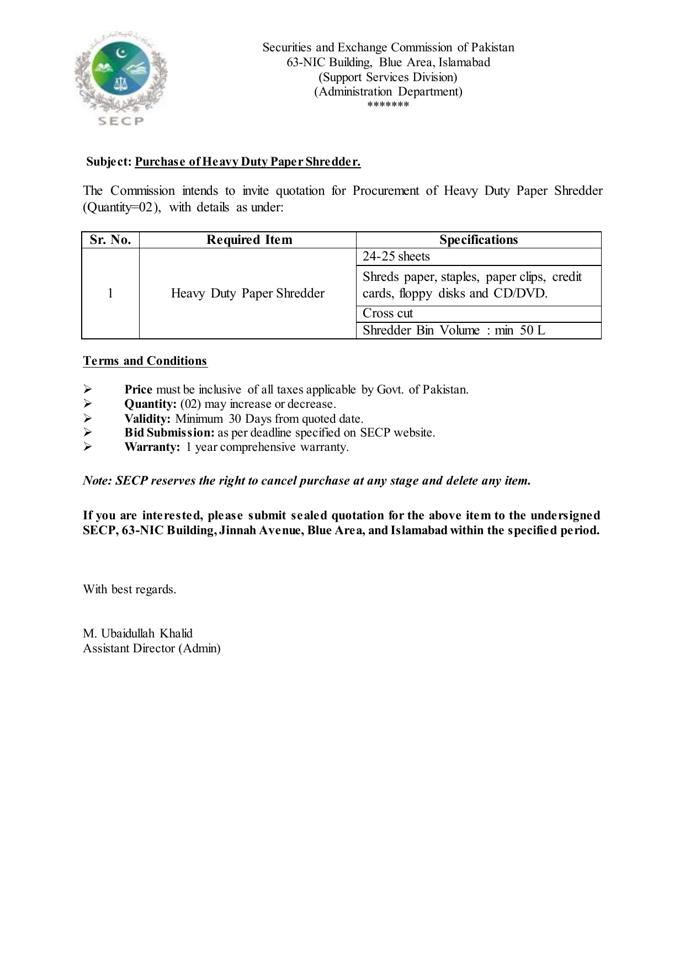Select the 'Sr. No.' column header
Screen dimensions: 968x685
pyautogui.click(x=110, y=240)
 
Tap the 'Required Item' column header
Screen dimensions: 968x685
pyautogui.click(x=249, y=240)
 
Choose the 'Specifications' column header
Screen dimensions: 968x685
pyautogui.click(x=478, y=240)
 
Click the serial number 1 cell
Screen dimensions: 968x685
pyautogui.click(x=110, y=293)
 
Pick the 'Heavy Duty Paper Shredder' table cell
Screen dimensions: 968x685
pyautogui.click(x=247, y=293)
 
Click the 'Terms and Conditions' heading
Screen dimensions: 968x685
pyautogui.click(x=145, y=361)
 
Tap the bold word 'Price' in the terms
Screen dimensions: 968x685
pyautogui.click(x=138, y=390)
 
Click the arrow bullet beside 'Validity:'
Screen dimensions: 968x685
pyautogui.click(x=87, y=418)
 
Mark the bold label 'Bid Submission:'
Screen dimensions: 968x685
pyautogui.click(x=169, y=433)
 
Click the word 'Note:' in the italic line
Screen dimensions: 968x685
pyautogui.click(x=98, y=481)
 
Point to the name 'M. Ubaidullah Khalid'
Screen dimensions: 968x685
pyautogui.click(x=137, y=634)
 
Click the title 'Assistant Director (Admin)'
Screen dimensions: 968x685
pyautogui.click(x=151, y=648)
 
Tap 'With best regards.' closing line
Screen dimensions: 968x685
pyautogui.click(x=130, y=589)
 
